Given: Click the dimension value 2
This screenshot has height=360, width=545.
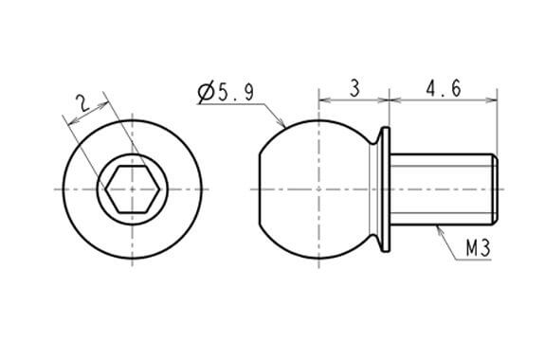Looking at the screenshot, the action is [83, 102].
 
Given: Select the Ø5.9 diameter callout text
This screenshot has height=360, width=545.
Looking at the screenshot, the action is [226, 92].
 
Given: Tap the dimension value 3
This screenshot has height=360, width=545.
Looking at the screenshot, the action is [354, 88].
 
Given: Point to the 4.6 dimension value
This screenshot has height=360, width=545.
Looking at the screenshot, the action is [444, 88].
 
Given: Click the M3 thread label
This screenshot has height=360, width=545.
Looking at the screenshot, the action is [479, 249].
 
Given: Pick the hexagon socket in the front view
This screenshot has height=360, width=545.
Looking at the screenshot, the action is [133, 189].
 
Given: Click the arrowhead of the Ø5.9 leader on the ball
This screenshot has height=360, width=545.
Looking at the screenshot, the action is [282, 123].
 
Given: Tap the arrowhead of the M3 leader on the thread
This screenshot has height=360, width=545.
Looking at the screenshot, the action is [439, 229].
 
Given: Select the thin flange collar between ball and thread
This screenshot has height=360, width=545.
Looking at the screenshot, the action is [386, 189].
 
